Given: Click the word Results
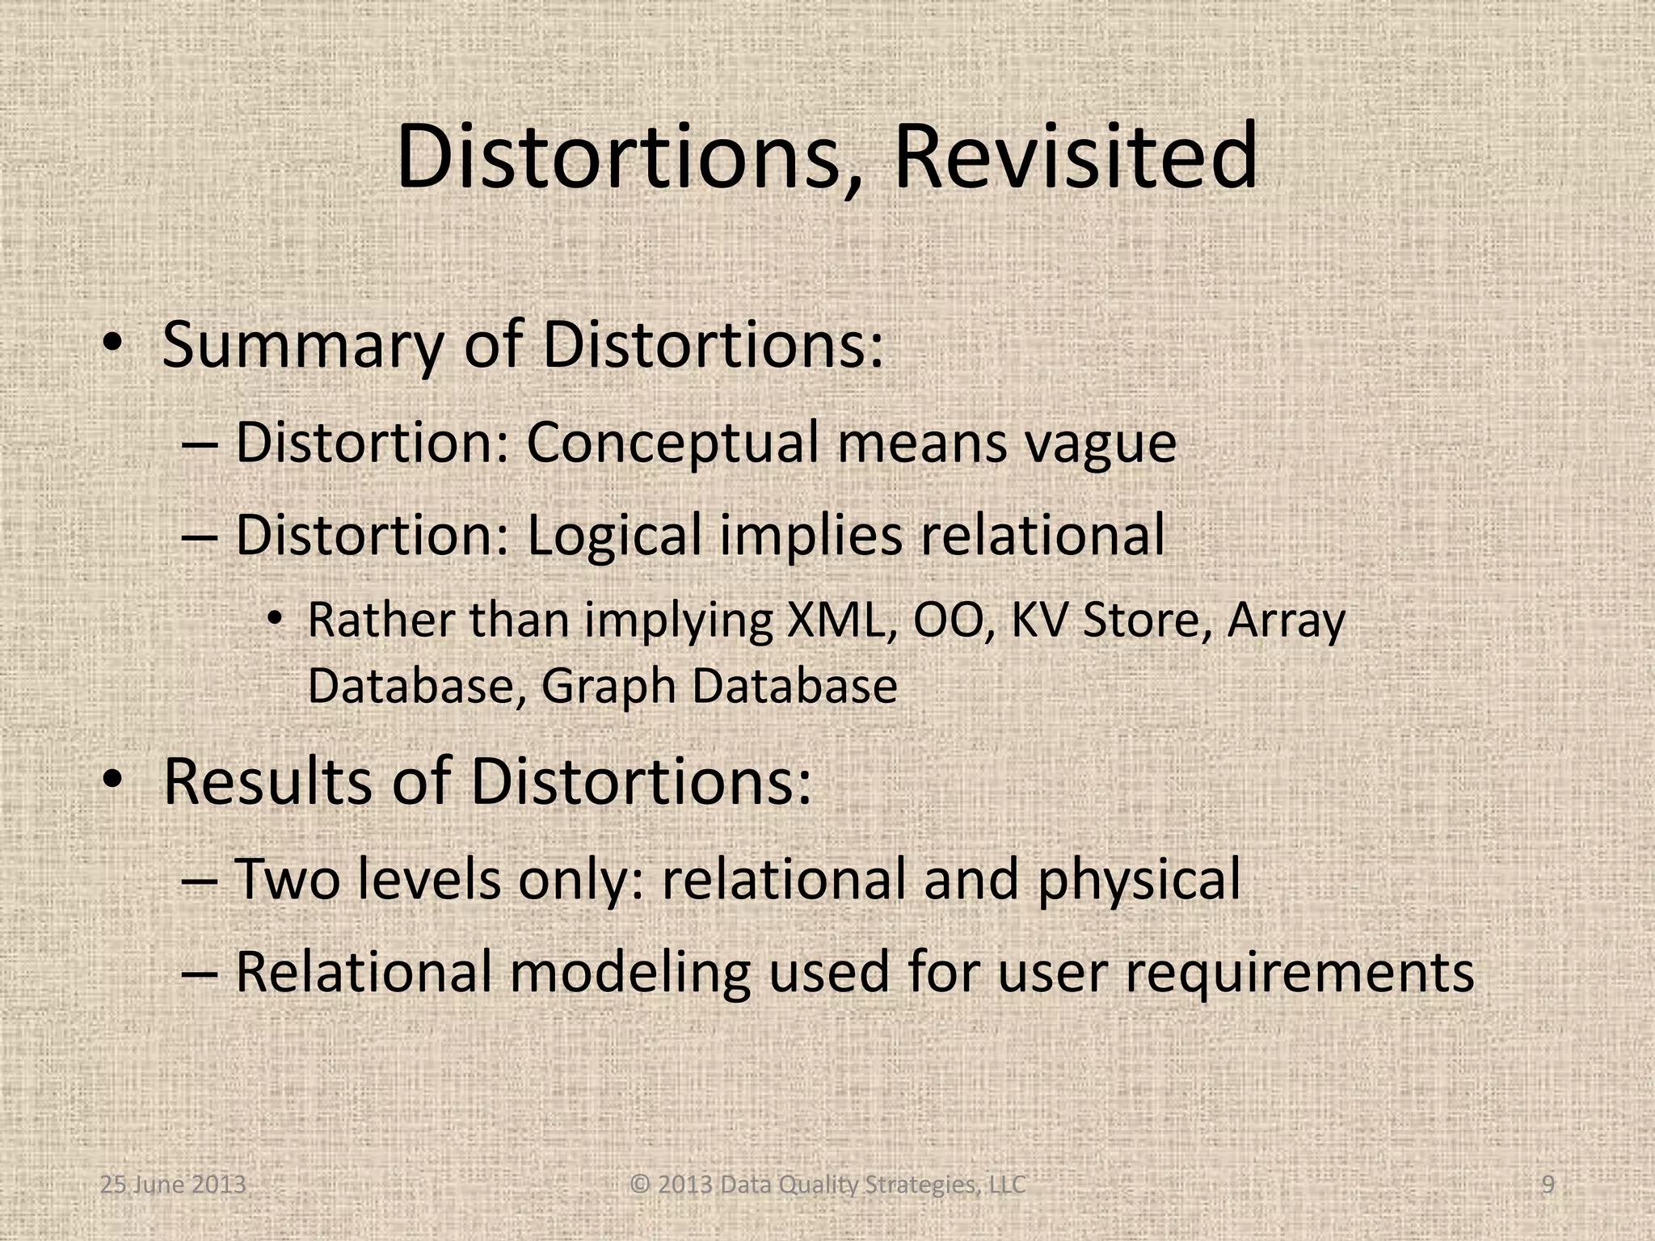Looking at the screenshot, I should tap(267, 781).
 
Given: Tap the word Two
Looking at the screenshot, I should tap(287, 879).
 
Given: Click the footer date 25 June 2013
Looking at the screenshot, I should tap(173, 1184).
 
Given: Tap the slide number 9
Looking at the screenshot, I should tap(1548, 1184).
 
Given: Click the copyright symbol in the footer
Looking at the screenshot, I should tap(640, 1184).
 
